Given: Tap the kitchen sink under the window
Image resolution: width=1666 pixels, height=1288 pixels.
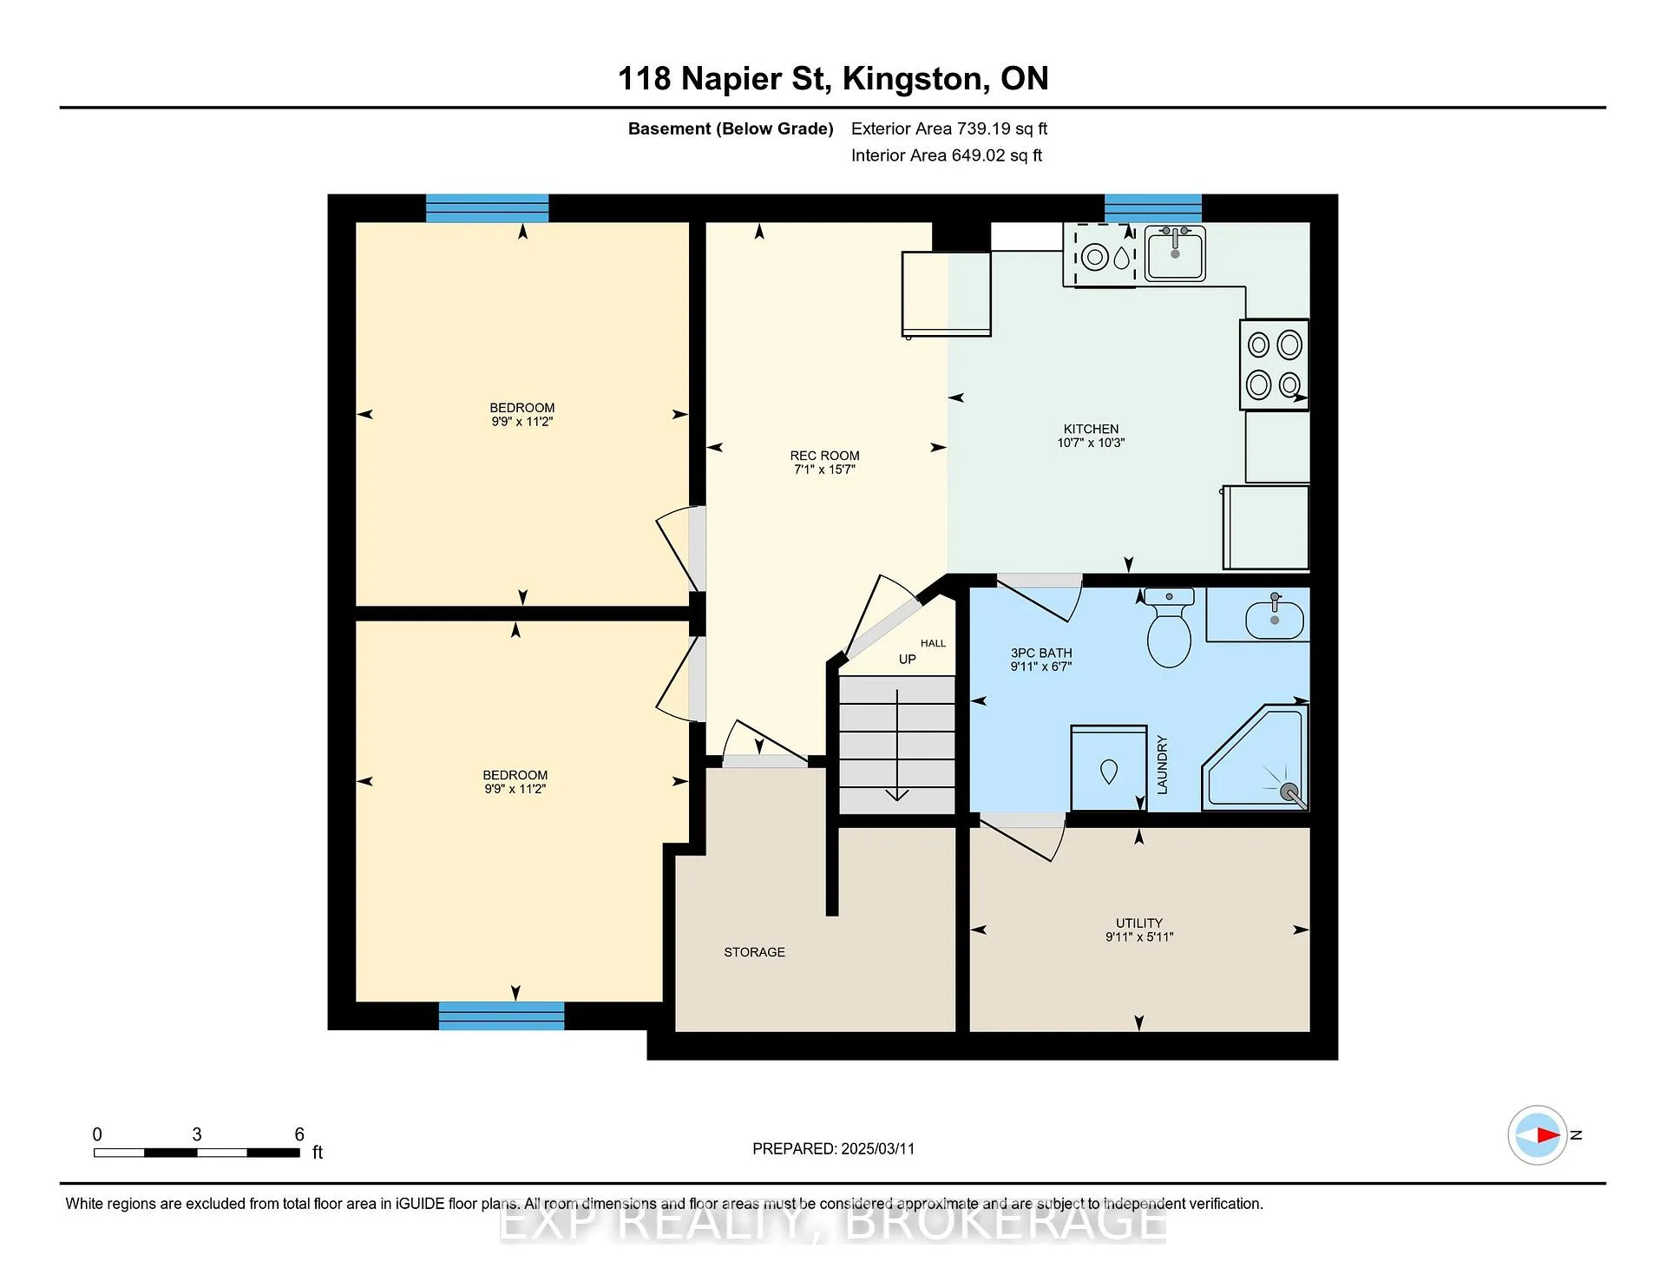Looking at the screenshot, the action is (x=1175, y=253).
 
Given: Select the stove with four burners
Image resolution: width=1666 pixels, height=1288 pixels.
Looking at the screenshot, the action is (x=1274, y=365).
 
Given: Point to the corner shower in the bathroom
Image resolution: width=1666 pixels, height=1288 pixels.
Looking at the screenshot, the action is (x=1255, y=758).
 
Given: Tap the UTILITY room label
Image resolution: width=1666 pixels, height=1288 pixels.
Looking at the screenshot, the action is (x=1139, y=923).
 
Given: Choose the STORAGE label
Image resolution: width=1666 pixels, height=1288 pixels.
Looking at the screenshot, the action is (x=754, y=952).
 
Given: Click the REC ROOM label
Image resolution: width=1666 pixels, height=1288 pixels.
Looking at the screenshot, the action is (x=824, y=456).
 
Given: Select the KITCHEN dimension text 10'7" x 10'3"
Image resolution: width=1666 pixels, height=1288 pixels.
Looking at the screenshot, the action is (x=1091, y=443).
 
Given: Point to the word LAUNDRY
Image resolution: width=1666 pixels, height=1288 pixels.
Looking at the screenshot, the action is (x=1162, y=765).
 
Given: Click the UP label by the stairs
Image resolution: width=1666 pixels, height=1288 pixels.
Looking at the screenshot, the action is (x=908, y=660).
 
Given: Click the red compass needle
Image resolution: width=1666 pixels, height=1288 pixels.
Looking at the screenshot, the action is (x=1549, y=1134).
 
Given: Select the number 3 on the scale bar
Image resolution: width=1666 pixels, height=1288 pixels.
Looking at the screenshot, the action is (x=197, y=1134).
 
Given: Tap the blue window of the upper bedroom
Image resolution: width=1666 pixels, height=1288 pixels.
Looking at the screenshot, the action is (x=487, y=208).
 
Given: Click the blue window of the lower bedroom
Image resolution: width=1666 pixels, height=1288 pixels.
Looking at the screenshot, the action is (x=502, y=1015).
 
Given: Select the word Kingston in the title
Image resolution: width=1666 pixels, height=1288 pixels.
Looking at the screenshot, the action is (x=915, y=79).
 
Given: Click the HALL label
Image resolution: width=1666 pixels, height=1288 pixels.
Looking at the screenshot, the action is (x=934, y=643).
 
